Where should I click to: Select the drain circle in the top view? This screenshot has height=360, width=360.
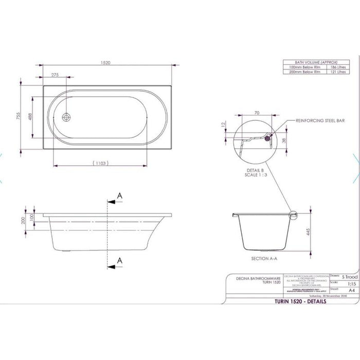tap(66, 117)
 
